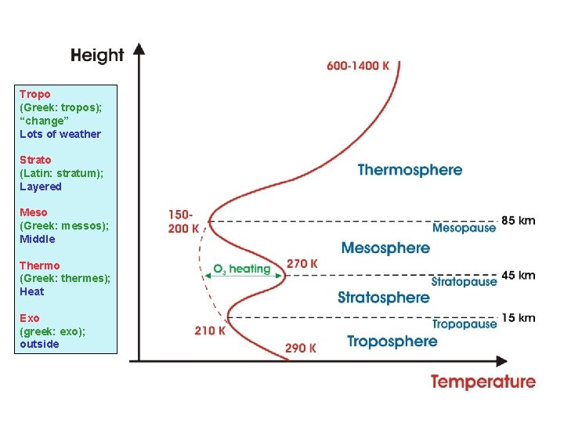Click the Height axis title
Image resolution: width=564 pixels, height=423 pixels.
97,55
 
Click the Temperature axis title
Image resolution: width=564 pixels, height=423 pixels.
483,382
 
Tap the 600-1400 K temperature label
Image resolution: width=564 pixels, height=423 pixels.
358,66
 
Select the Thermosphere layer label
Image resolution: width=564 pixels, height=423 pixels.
410,170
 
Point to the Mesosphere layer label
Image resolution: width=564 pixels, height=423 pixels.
385,248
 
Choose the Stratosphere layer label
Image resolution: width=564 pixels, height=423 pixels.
383,297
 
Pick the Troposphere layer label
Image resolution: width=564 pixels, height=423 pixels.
392,342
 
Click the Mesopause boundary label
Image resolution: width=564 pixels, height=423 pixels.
464,228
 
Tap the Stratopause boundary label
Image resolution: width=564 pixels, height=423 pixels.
464,281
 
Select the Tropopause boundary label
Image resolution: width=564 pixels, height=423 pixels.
465,324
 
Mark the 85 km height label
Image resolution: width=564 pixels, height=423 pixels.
518,220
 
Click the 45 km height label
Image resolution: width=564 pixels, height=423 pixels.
518,275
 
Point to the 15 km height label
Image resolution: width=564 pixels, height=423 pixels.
518,317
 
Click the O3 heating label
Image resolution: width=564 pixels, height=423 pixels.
241,269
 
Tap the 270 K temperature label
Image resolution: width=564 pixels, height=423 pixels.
302,264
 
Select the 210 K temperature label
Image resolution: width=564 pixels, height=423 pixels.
210,331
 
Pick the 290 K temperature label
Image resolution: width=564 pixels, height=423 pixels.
301,348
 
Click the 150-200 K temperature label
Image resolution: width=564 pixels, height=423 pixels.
183,222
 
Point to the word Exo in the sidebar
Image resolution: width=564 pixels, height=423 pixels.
30,318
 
